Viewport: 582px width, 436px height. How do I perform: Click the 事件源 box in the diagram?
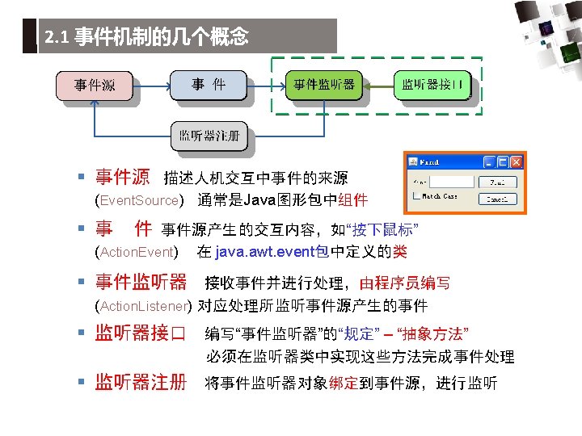click(x=94, y=85)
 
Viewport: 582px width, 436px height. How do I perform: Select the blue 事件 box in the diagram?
click(x=208, y=84)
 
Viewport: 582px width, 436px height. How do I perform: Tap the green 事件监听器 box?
click(x=323, y=85)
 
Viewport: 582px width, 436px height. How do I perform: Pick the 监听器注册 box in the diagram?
click(x=209, y=136)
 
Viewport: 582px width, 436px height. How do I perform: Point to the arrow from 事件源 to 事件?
click(x=151, y=84)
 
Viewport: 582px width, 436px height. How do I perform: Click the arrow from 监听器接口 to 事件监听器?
click(x=379, y=85)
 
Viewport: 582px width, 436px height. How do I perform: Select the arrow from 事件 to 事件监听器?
click(x=266, y=84)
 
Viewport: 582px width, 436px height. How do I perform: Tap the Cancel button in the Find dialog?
click(x=497, y=199)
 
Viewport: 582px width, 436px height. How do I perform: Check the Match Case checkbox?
click(x=415, y=196)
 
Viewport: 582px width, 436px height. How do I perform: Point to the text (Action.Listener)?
click(x=142, y=306)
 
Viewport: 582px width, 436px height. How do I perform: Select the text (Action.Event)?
click(x=137, y=253)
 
